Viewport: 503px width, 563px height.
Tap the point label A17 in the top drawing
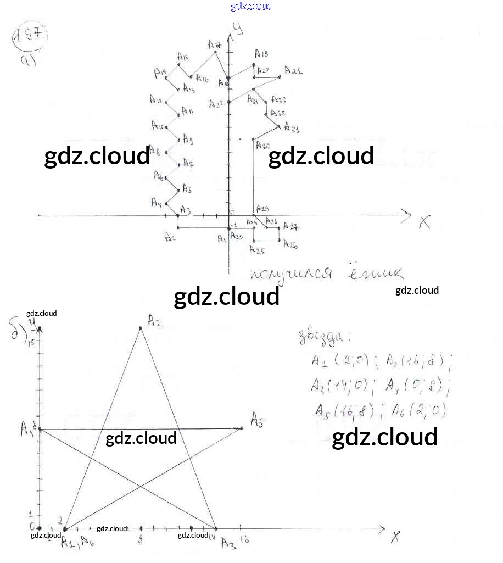214,44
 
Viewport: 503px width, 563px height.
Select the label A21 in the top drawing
293,71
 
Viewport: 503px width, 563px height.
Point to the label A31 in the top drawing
292,130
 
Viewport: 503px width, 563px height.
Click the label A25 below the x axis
256,250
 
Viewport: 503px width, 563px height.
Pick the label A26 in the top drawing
290,246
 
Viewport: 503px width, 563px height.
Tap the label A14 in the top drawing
160,73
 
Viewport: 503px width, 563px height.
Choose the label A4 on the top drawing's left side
156,203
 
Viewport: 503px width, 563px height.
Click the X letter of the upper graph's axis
424,222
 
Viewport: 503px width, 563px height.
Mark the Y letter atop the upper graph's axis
238,28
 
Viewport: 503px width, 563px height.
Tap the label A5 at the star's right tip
258,421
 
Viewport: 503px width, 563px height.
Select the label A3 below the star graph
228,543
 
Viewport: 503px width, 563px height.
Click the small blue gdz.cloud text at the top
251,6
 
